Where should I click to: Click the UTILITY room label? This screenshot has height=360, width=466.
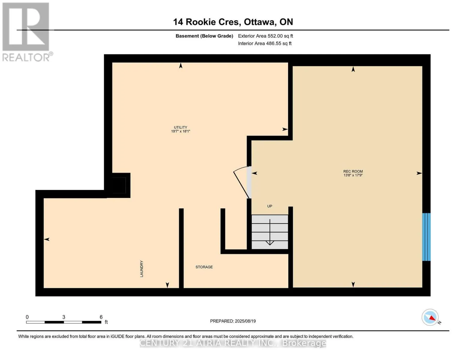point(180,127)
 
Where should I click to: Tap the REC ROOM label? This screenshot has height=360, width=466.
point(353,171)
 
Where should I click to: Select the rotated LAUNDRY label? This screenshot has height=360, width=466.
point(142,269)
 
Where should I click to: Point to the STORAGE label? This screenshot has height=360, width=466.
point(204,267)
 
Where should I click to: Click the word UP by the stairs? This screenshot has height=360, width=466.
point(269,206)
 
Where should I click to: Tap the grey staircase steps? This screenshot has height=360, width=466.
point(269,232)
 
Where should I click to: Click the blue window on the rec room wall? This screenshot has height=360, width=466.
point(426,237)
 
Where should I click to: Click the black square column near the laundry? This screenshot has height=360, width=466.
point(119,185)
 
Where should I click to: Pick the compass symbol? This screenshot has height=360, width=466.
point(430,317)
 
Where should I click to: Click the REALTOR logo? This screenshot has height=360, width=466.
point(27,32)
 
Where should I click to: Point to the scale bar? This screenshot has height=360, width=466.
point(64,322)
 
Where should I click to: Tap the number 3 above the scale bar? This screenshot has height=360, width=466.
point(64,317)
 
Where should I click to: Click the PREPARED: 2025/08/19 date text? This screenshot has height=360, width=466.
point(233,321)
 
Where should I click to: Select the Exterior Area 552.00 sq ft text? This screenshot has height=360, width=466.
point(265,36)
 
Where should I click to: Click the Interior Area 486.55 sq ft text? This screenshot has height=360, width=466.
point(265,43)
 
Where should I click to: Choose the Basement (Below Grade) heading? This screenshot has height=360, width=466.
point(204,36)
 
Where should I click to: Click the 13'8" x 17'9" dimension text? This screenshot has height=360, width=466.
point(353,175)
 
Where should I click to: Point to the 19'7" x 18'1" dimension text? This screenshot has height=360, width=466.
point(180,131)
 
